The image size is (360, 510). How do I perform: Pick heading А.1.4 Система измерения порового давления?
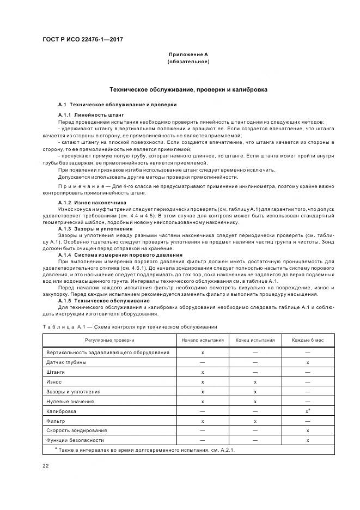pos(120,255)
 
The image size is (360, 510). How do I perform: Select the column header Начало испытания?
pos(202,340)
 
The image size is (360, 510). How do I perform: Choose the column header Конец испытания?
pos(255,340)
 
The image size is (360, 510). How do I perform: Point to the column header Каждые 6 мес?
pos(308,340)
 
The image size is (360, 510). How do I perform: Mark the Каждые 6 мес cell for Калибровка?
pos(308,411)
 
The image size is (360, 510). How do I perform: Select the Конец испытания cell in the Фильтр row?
pos(255,421)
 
